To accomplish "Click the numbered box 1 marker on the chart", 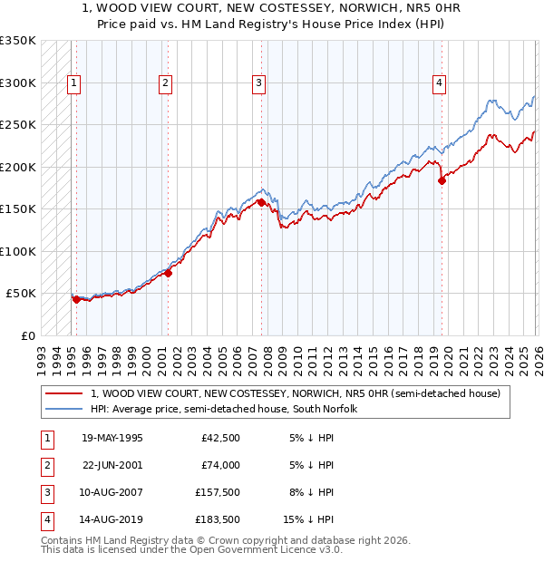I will [x=73, y=83].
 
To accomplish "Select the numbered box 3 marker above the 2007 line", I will [x=258, y=83].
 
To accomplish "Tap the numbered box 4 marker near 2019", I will [x=439, y=83].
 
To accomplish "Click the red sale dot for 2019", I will [x=442, y=180].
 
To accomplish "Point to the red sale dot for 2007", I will [x=261, y=202].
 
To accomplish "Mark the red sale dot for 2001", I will [x=168, y=273].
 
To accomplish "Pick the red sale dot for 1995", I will [x=76, y=299].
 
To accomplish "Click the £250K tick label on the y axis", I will [x=18, y=124].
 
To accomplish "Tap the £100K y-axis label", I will [x=18, y=251].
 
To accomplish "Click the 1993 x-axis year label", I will [x=42, y=355].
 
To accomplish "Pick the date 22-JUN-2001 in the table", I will [x=112, y=465].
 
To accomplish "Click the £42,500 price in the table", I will [x=219, y=438].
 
